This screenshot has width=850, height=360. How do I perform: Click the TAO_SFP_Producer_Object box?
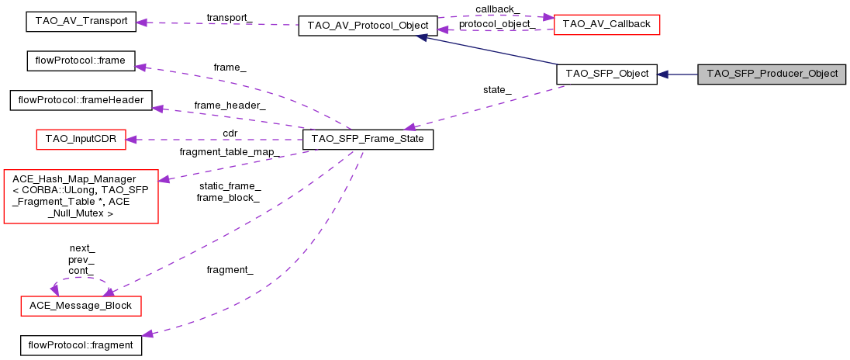772,74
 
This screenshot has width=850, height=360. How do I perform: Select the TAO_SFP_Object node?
607,74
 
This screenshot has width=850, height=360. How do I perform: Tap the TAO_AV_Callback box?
606,24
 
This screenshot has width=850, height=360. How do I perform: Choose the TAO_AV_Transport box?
81,22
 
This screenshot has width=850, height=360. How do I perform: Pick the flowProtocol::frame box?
81,60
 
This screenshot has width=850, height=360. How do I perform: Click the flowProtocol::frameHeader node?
81,101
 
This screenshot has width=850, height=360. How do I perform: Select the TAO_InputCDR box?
81,140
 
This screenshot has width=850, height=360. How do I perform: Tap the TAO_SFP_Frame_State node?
368,140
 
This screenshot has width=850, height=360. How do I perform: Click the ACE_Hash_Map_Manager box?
81,196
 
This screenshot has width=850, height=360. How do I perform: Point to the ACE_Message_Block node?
81,306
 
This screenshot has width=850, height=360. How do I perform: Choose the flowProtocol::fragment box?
81,344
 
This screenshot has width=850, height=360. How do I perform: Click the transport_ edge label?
229,16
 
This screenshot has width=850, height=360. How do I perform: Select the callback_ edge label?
497,9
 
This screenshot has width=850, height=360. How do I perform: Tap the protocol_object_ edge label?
497,24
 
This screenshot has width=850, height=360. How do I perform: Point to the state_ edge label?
497,89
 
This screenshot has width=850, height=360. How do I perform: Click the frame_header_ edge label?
230,105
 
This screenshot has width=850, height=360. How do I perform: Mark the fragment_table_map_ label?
230,151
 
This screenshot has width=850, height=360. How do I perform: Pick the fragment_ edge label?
230,269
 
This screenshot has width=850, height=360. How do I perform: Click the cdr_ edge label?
230,133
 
